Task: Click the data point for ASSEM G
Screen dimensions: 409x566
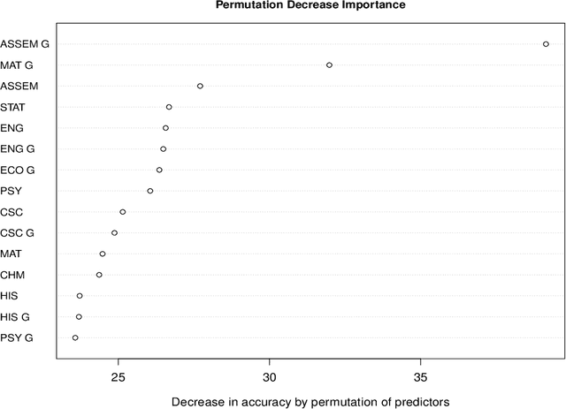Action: (546, 43)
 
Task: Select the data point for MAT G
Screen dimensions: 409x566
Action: (329, 64)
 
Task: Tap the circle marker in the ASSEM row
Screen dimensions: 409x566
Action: (200, 86)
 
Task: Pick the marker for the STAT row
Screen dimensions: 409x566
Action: (169, 107)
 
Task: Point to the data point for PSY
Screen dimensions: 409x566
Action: (149, 191)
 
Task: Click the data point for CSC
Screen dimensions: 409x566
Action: (123, 212)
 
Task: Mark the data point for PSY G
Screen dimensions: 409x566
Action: (75, 337)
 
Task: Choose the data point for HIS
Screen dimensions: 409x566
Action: (80, 296)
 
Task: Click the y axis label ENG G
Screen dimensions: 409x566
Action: (18, 149)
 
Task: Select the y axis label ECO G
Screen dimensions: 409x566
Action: (18, 170)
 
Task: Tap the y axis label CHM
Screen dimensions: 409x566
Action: (12, 275)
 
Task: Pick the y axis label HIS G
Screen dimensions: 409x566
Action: (15, 316)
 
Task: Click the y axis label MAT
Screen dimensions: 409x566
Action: (12, 254)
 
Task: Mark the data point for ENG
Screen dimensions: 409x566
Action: (165, 128)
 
